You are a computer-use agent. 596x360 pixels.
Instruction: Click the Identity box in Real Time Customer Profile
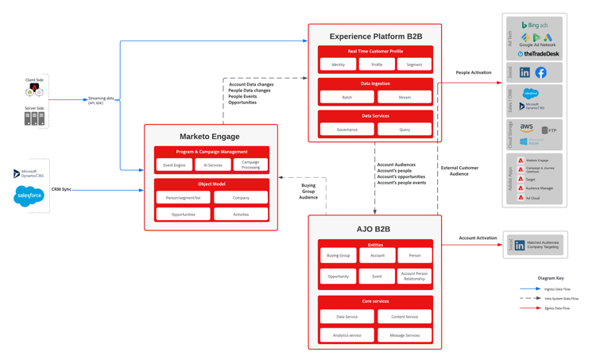(x=338, y=64)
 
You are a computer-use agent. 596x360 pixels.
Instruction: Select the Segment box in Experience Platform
(x=414, y=64)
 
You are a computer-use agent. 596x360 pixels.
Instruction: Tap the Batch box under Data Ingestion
(x=346, y=97)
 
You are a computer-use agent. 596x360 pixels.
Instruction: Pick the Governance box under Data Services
(x=346, y=129)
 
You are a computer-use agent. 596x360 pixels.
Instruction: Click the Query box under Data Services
(x=404, y=129)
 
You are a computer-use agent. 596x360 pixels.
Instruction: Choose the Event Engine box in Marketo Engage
(x=174, y=165)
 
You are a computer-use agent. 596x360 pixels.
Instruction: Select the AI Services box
(x=212, y=165)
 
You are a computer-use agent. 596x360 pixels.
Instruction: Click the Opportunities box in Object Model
(x=183, y=214)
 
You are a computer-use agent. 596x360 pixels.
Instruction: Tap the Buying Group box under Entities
(x=339, y=256)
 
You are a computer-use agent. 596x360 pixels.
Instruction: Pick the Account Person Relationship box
(x=414, y=276)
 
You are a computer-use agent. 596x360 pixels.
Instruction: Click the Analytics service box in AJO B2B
(x=346, y=335)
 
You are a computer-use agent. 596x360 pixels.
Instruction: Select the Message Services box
(x=404, y=335)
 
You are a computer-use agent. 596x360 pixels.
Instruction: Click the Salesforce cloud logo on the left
(x=29, y=195)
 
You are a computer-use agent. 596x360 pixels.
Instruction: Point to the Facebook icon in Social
(x=540, y=72)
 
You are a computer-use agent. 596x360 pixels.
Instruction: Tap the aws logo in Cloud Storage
(x=527, y=127)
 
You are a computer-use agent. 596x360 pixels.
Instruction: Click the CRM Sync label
(x=61, y=189)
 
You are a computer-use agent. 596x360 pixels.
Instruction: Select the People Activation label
(x=474, y=72)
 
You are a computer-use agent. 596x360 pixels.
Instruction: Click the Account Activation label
(x=478, y=238)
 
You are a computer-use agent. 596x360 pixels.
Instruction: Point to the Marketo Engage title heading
(x=210, y=137)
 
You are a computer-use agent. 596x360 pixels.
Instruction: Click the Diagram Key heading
(x=551, y=278)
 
